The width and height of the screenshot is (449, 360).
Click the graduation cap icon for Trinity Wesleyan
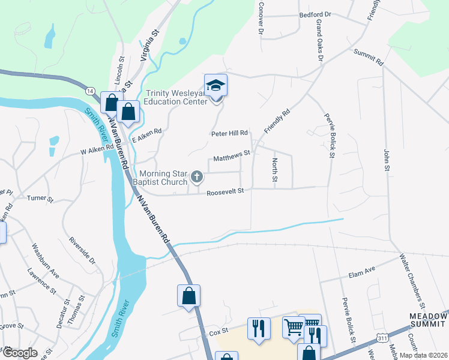215,86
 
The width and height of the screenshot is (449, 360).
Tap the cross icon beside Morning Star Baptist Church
196,176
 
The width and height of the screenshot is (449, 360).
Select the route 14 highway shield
90,90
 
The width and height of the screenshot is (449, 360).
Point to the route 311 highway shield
382,339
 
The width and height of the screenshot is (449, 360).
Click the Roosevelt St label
225,192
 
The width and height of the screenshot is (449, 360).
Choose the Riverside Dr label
83,251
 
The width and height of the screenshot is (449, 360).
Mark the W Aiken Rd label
97,150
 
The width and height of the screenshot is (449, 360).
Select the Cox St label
215,332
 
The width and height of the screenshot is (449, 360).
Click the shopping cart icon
294,327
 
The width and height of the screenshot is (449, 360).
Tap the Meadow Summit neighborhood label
428,320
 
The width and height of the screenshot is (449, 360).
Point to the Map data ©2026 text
423,355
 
